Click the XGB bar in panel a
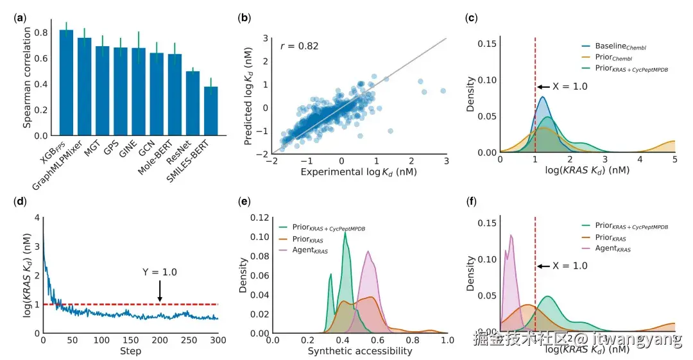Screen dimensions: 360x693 click(66, 83)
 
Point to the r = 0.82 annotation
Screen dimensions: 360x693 click(300, 46)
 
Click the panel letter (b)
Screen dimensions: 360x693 click(244, 17)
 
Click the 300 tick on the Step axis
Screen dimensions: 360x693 click(219, 339)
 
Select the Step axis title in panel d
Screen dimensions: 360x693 click(131, 351)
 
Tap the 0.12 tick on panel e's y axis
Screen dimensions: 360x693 click(260, 218)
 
